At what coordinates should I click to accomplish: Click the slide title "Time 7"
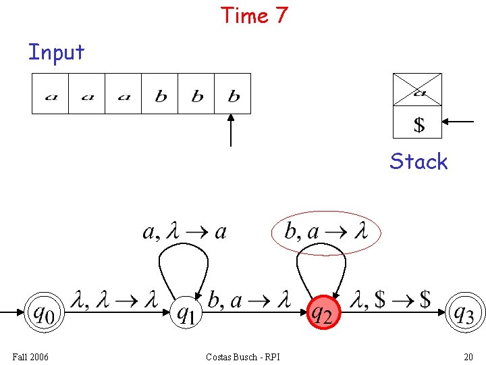[x=254, y=15]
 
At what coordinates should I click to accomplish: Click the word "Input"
[x=56, y=52]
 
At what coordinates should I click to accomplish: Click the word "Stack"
[x=418, y=162]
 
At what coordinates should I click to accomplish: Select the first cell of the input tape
[x=51, y=93]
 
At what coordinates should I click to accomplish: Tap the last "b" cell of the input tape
[x=233, y=93]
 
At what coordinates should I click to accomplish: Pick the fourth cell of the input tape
[x=160, y=93]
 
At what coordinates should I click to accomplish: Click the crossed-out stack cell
[x=417, y=89]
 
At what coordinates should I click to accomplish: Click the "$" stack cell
[x=418, y=123]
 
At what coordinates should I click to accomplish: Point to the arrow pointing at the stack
[x=460, y=122]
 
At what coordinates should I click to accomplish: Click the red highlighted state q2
[x=323, y=312]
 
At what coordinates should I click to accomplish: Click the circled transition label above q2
[x=326, y=233]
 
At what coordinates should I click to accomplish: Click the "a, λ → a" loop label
[x=184, y=233]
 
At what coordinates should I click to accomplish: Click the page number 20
[x=468, y=357]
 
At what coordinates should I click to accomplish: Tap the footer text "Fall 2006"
[x=30, y=357]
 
